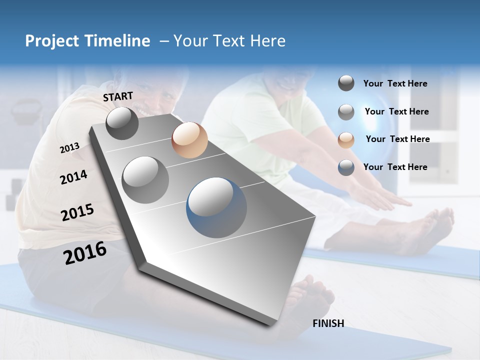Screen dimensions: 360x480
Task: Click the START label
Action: tap(118, 96)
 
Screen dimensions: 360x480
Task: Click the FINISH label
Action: tap(328, 323)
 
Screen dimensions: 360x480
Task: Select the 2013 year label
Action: tap(69, 148)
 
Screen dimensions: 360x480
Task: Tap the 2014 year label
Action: tap(73, 177)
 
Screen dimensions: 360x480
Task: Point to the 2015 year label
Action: tap(77, 212)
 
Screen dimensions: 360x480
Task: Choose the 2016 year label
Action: tap(85, 253)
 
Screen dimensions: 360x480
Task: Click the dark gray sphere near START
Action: tap(122, 123)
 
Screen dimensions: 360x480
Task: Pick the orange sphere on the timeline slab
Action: tap(189, 140)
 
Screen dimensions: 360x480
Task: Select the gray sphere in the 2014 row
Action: tap(145, 179)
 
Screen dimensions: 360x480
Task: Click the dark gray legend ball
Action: tap(346, 83)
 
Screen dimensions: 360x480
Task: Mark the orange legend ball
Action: tap(346, 139)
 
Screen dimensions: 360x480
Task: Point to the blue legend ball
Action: tap(346, 167)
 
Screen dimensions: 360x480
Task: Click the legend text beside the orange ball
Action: tap(397, 139)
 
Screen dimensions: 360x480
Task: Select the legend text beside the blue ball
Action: tap(395, 167)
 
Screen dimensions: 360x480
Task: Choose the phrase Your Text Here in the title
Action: tap(229, 41)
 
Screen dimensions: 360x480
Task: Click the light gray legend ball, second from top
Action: tap(346, 112)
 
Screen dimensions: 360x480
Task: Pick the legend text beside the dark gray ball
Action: tap(395, 83)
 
